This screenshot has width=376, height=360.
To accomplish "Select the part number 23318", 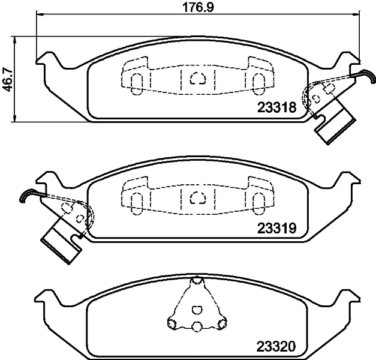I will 277,108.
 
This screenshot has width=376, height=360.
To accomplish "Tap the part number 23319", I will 277,228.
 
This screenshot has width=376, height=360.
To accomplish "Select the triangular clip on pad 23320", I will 195,306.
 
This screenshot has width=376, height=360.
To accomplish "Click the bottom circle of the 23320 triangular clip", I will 195,326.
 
